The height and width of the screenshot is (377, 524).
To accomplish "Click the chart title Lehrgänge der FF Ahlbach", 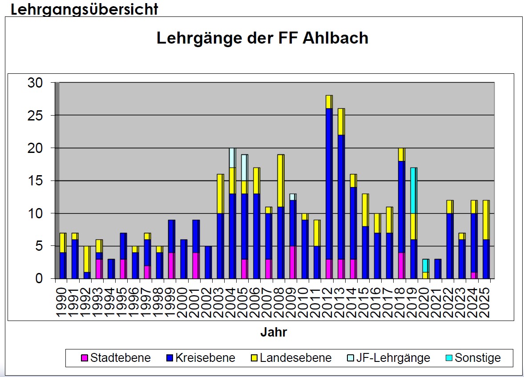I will [x=262, y=38].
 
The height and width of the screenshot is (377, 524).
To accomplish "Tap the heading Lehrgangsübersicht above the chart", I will [x=84, y=9].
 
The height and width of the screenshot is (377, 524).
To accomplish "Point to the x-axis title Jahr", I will [x=274, y=333].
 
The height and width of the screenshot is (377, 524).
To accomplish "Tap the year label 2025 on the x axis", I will [x=486, y=302].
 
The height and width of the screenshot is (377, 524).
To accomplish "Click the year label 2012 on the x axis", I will [x=329, y=302].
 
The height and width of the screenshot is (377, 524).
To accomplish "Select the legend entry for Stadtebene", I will [x=116, y=358].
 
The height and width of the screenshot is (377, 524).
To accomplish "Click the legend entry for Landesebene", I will [x=291, y=358].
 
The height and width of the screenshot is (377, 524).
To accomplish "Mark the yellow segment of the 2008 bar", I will [x=280, y=180].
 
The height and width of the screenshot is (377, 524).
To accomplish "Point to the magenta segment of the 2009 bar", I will [x=292, y=262].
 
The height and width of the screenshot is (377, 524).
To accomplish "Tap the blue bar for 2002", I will [x=208, y=262].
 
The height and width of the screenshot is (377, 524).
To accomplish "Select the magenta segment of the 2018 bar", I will [x=401, y=265].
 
